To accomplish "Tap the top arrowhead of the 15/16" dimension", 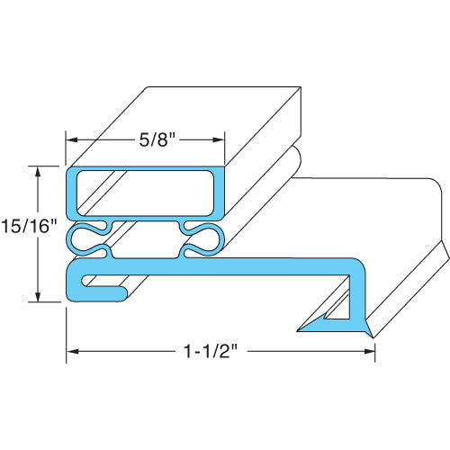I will pyautogui.click(x=37, y=171).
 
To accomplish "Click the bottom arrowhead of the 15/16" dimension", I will pyautogui.click(x=37, y=297).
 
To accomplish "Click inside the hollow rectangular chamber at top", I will pyautogui.click(x=144, y=193).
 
